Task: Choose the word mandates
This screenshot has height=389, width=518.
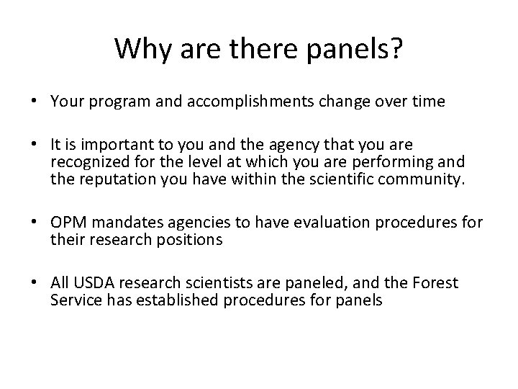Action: tap(122, 224)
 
